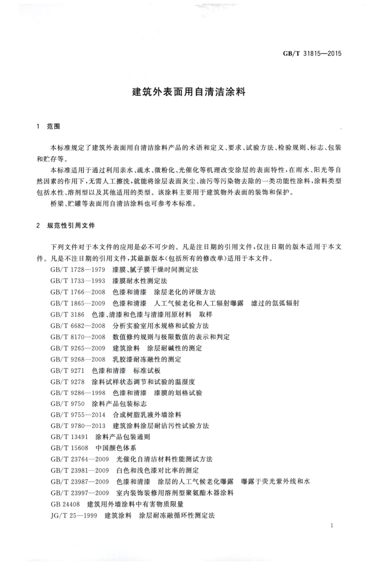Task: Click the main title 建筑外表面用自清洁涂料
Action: [189, 92]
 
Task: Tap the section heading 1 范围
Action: [48, 126]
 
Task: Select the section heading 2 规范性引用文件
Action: [66, 225]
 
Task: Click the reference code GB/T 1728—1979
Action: [78, 270]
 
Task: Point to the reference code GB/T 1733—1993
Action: [78, 281]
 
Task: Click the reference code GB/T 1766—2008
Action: [78, 292]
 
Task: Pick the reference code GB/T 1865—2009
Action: [78, 303]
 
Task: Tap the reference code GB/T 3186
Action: [67, 314]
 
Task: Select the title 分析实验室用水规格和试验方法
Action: [161, 325]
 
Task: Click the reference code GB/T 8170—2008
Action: [78, 337]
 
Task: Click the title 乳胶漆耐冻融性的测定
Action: [147, 359]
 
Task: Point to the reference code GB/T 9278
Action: [67, 381]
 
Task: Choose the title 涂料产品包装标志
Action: [119, 404]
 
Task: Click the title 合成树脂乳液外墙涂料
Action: [147, 415]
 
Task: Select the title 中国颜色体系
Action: [115, 448]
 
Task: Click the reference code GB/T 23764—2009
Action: [79, 459]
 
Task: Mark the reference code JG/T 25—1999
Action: [74, 516]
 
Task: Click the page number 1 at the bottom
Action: [332, 526]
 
